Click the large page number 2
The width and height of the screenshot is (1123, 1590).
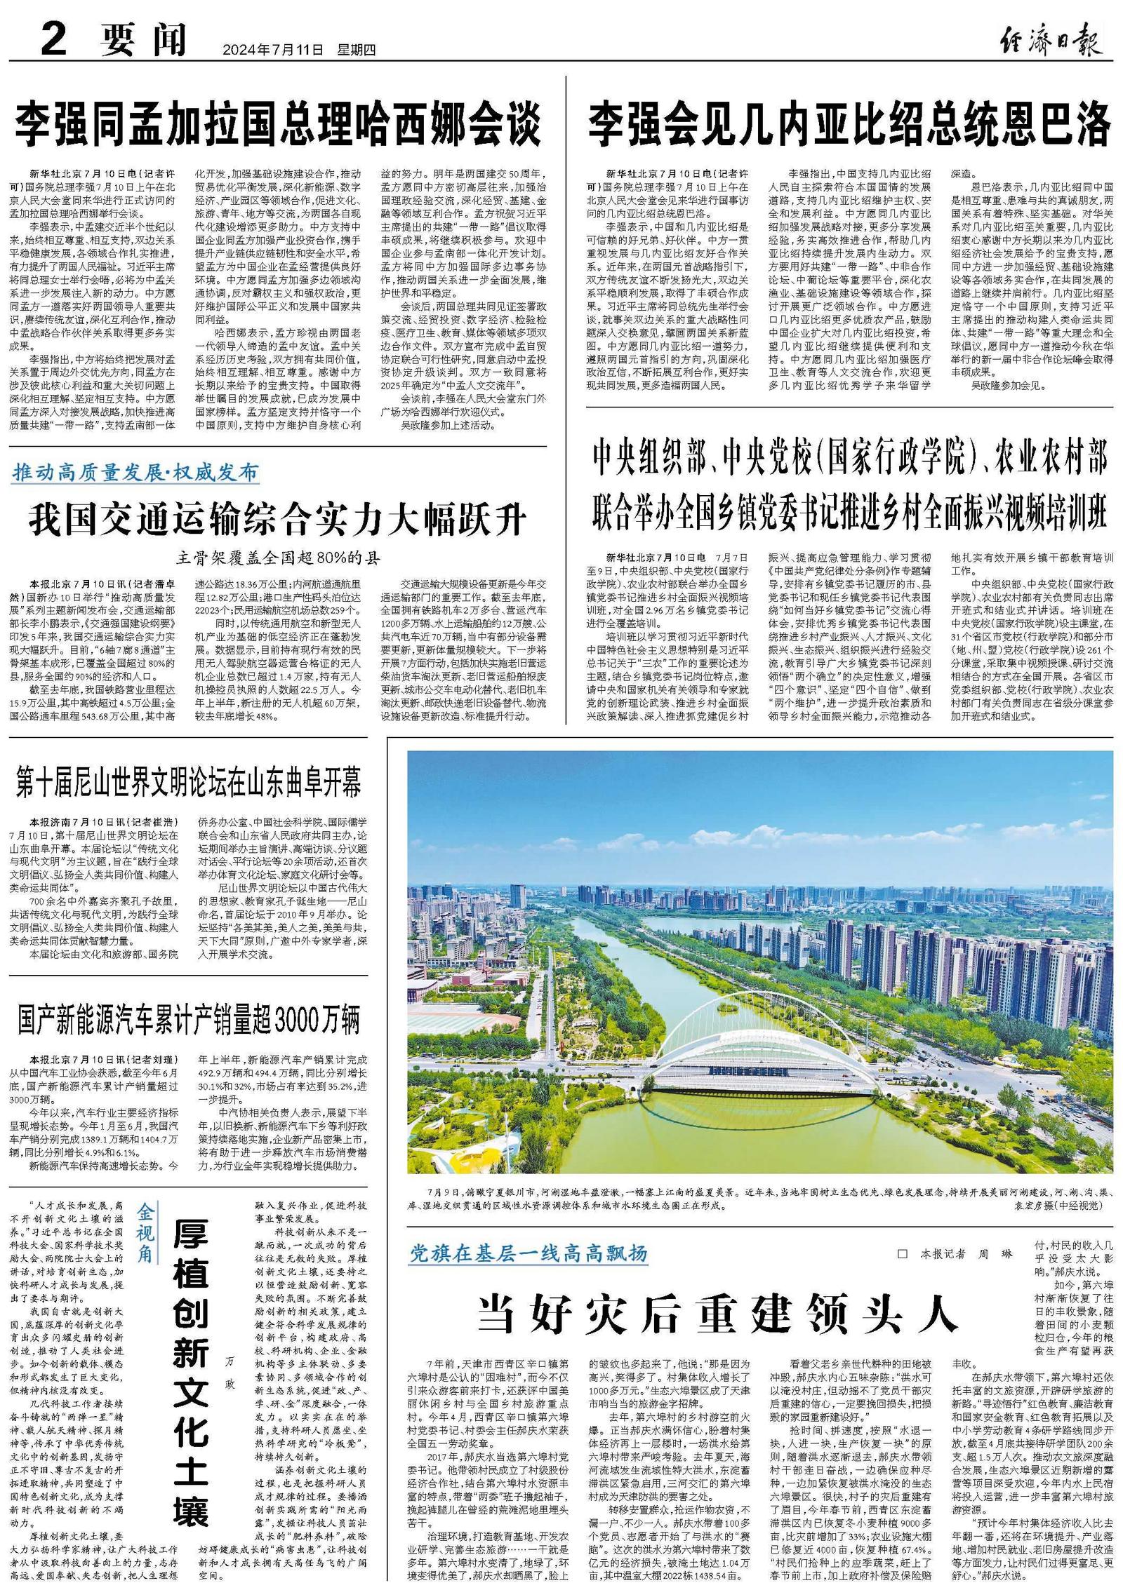click(x=53, y=41)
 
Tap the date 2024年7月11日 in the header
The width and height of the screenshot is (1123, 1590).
click(x=273, y=50)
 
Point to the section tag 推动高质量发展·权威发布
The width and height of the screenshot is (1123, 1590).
click(x=135, y=472)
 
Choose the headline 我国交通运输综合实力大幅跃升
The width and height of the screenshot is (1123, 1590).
click(x=278, y=521)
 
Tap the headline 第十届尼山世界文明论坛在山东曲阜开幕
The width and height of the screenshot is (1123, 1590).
click(x=189, y=782)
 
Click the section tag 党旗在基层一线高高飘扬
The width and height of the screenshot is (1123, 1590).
click(x=529, y=1253)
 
